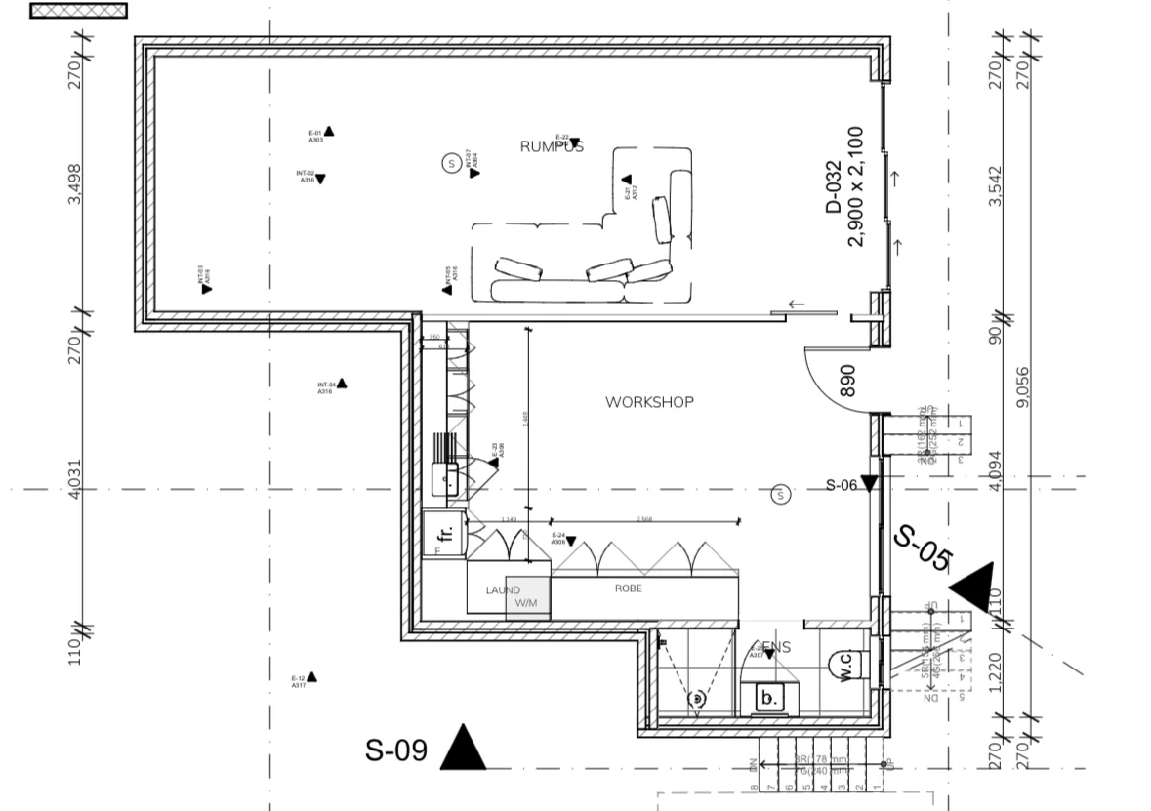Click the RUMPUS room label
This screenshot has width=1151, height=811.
(552, 147)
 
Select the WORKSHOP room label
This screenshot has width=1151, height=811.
(649, 402)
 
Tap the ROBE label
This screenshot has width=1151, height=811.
(628, 588)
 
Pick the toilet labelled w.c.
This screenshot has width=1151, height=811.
(846, 667)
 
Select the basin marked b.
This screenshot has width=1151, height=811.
(767, 698)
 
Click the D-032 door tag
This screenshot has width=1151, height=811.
(833, 186)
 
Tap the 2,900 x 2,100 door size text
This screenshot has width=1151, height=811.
(856, 186)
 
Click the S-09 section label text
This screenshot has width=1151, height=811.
(396, 750)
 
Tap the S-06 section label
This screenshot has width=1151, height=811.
(843, 485)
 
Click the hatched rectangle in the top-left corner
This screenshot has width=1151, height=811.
(78, 11)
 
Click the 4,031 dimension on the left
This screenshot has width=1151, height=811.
(75, 480)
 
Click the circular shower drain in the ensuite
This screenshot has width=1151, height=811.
(697, 698)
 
